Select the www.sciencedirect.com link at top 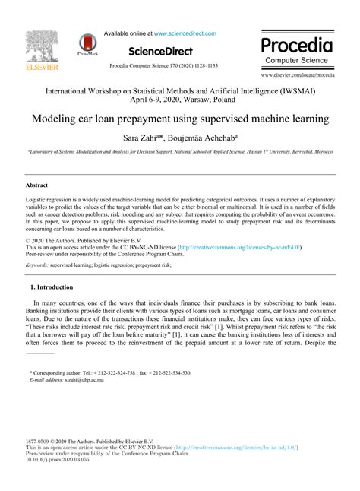click(x=185, y=33)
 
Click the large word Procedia click(x=296, y=43)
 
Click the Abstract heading click(x=36, y=185)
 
